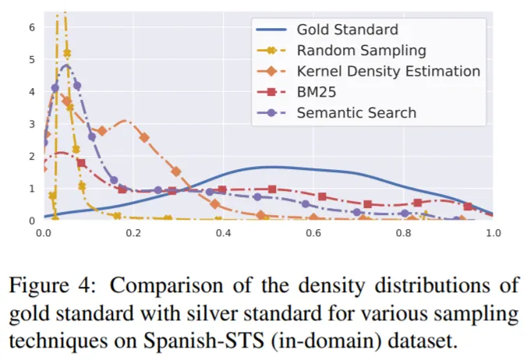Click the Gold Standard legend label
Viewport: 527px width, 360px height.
click(347, 30)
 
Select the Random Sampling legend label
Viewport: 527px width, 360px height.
click(361, 51)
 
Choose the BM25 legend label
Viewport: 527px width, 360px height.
click(317, 92)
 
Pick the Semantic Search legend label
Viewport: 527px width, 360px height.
click(356, 112)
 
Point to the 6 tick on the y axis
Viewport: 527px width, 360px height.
click(32, 26)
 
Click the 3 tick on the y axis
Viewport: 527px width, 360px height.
click(32, 124)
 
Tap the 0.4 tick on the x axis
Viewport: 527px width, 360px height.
click(224, 233)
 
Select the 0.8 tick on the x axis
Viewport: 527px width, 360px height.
click(403, 233)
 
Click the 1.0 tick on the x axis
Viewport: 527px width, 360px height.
click(493, 233)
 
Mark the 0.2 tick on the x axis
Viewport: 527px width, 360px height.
click(134, 233)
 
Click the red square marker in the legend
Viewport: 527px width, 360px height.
click(271, 92)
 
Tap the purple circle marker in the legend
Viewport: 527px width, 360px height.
click(271, 112)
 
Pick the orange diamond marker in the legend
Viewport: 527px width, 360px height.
click(271, 71)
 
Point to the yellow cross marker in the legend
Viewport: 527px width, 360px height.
click(271, 51)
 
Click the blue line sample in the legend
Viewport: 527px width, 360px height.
click(271, 30)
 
